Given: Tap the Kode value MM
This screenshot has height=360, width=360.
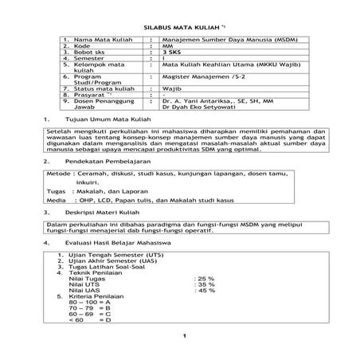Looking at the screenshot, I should coord(166,45).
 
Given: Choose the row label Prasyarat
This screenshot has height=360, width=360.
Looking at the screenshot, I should coord(85,96).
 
